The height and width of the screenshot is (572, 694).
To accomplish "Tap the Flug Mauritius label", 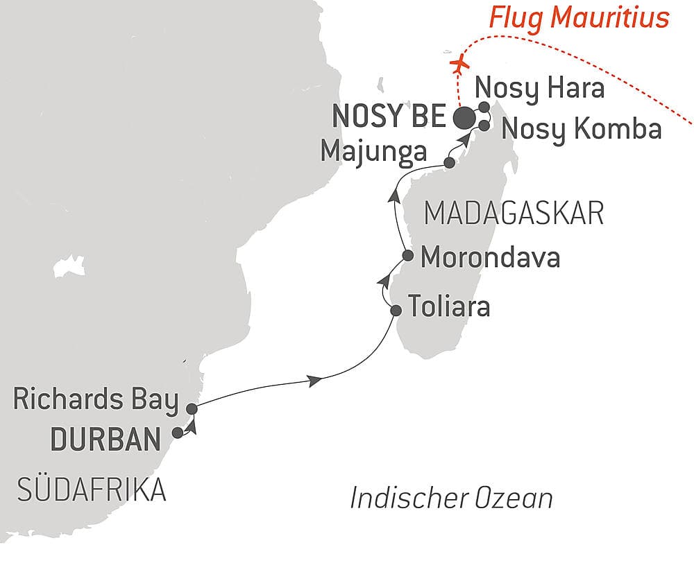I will tap(579, 17).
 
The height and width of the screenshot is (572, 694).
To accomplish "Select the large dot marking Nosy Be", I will tap(464, 118).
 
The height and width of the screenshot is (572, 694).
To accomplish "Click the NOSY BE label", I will tap(389, 117).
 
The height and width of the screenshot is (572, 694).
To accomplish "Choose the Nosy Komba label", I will tap(581, 129).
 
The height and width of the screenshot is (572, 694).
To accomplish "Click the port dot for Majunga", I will tap(449, 163).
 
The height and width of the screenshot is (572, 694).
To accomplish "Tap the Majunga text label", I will tap(373, 151).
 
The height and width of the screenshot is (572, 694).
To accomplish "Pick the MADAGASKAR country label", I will tap(514, 214).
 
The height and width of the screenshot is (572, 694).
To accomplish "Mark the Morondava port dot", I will tap(409, 256).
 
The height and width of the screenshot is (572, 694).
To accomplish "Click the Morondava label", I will tap(491, 258).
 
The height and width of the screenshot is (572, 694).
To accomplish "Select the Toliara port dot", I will tap(396, 310).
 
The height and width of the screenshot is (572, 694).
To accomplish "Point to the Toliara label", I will tap(449, 306).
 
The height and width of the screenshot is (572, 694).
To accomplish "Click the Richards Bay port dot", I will tap(192, 409).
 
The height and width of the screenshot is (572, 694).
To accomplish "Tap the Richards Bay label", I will tap(95, 401).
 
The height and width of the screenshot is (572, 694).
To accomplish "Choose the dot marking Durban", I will tap(178, 433).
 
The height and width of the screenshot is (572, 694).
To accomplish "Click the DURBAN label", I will tap(101, 440).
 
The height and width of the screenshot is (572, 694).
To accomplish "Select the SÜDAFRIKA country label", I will tap(90, 491).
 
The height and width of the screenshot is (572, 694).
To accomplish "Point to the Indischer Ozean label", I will tap(451, 499).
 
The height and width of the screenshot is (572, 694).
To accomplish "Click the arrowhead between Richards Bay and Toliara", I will tap(316, 380).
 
